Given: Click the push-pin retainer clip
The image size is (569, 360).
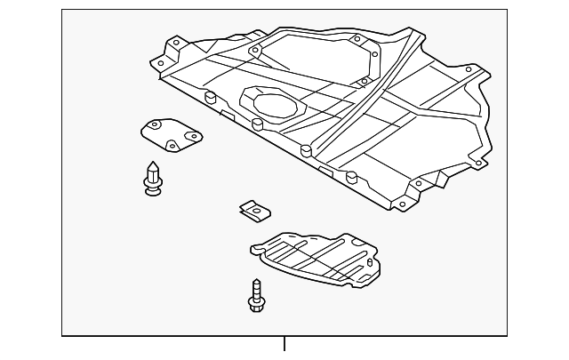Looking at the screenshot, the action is (152, 177).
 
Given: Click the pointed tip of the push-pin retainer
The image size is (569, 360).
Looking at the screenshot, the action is (152, 164).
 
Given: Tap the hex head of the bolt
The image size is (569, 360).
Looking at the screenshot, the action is (256, 305).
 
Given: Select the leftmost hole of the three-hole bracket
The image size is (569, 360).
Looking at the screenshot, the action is (150, 129).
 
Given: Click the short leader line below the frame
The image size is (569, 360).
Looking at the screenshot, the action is (284, 345).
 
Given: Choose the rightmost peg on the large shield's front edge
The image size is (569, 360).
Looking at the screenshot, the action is (353, 175).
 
